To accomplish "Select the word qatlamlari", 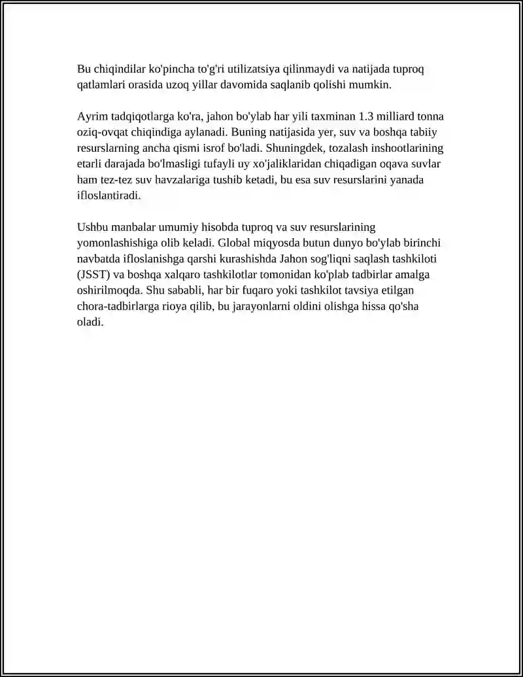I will coord(101,84).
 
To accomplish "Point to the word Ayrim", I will coord(91,116).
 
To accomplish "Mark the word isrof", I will coord(207,148).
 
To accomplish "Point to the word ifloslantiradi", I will coord(109,195).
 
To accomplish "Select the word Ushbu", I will coord(92,227).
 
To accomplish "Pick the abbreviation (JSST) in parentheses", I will coord(93,274).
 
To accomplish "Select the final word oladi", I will coord(90,322).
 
